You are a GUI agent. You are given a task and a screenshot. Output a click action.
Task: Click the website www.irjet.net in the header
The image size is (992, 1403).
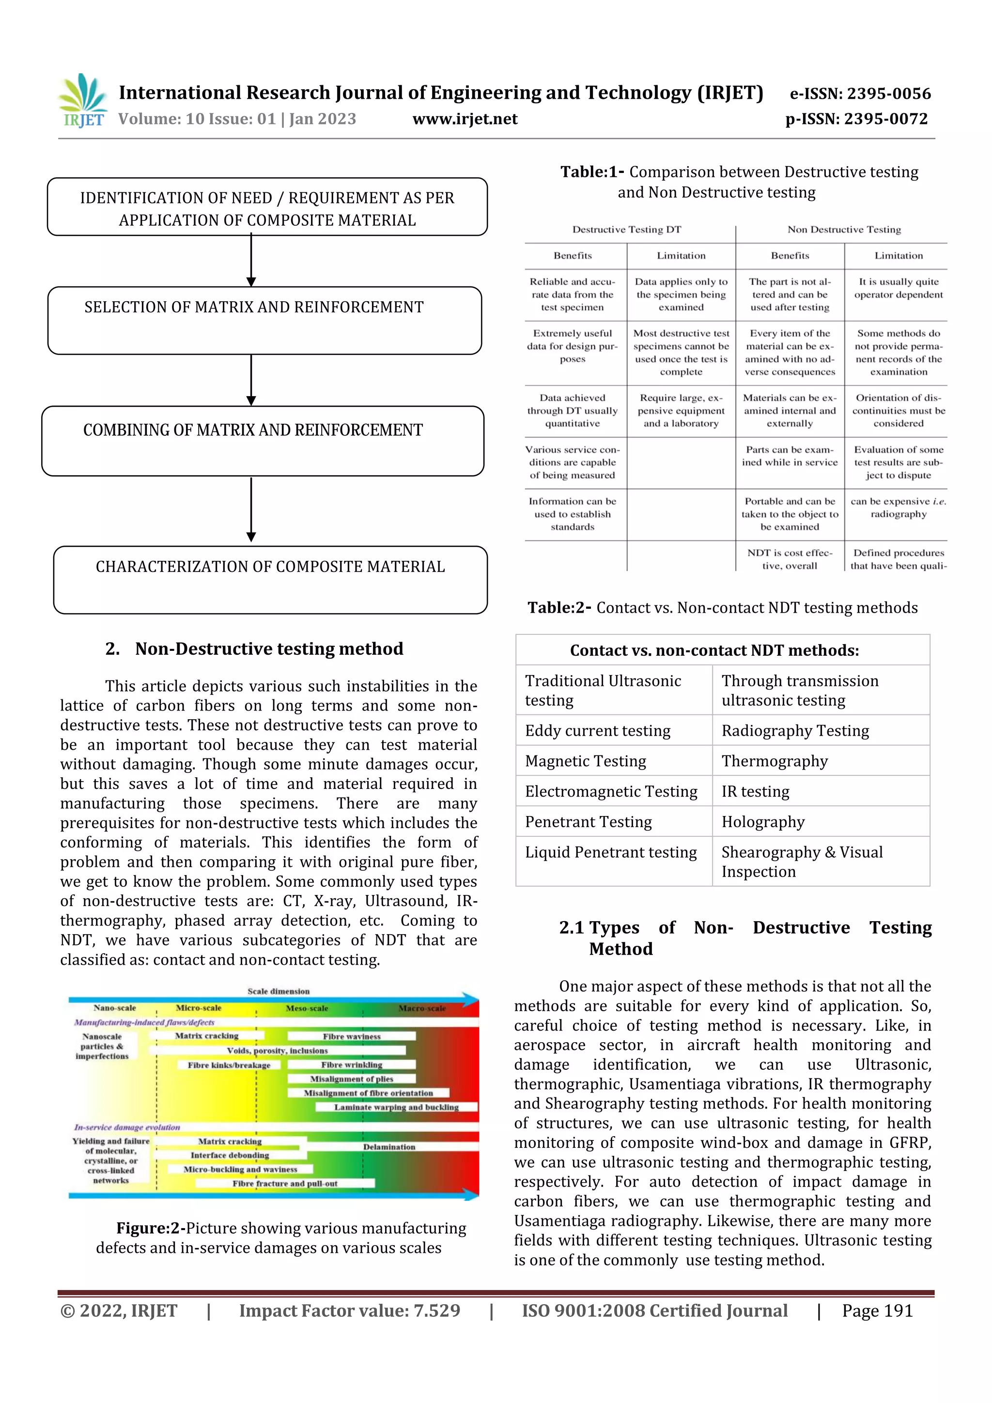click(465, 119)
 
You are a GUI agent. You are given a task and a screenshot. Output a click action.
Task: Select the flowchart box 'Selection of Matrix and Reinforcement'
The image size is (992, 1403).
click(264, 320)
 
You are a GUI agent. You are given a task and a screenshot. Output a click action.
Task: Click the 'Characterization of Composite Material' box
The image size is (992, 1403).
click(270, 579)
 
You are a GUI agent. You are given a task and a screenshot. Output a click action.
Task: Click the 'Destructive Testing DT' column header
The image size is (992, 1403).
click(626, 230)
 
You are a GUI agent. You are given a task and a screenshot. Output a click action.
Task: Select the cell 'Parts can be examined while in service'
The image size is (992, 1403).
click(789, 456)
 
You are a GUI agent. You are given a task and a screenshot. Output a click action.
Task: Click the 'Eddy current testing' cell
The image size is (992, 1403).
click(597, 731)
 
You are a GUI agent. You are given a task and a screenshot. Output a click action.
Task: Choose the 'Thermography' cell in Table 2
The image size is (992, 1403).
click(775, 761)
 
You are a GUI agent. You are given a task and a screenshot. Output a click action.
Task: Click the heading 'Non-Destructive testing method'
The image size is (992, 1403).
click(269, 648)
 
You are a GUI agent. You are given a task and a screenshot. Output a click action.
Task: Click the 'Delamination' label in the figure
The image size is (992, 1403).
click(389, 1147)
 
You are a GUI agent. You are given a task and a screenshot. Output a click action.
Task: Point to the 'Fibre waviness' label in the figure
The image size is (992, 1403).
click(352, 1036)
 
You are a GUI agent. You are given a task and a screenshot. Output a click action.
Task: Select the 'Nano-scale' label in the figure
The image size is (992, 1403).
click(114, 1008)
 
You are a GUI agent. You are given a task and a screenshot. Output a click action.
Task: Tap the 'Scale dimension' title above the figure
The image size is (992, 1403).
click(278, 991)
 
